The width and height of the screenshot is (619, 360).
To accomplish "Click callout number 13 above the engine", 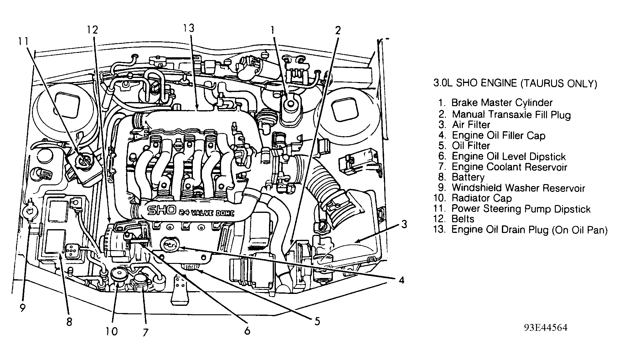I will click(x=189, y=28).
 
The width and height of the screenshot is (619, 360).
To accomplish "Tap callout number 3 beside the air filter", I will click(x=404, y=224).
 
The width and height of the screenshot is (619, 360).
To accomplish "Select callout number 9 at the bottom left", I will click(x=22, y=308).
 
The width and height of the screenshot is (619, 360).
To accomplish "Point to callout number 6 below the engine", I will click(x=247, y=331).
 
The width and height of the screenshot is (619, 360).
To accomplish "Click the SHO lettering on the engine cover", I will click(x=162, y=211).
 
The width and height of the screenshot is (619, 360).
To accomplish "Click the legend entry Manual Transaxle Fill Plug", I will click(x=511, y=115).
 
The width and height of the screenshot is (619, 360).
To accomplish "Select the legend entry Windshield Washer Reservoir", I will click(x=518, y=188).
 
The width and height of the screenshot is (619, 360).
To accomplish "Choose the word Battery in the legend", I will click(x=468, y=177).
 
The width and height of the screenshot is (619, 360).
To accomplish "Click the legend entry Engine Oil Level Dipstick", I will click(x=508, y=156).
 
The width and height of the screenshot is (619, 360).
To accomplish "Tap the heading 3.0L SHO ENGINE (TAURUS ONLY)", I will click(x=515, y=83).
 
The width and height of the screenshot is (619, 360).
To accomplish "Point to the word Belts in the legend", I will click(x=463, y=219).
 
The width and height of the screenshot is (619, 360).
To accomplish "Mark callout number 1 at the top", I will click(x=272, y=30).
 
